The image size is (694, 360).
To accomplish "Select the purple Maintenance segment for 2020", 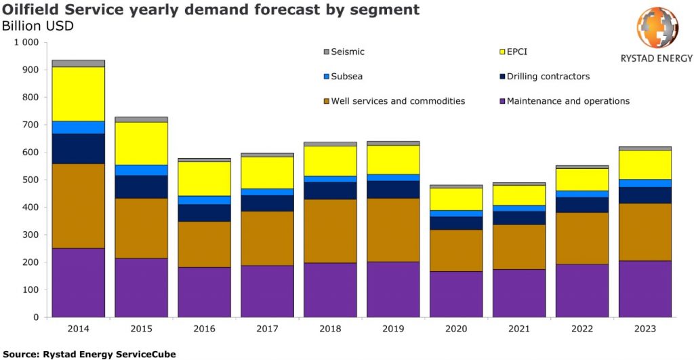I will [x=456, y=294].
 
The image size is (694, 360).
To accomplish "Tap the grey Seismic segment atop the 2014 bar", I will [x=78, y=63].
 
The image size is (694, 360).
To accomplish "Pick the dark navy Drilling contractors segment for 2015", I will [x=141, y=186].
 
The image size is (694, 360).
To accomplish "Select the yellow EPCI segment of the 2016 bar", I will [x=204, y=179].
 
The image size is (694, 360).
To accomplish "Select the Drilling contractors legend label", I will [x=548, y=77].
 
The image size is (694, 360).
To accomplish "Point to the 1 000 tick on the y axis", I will [x=26, y=42].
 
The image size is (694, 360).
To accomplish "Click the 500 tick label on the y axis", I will [x=30, y=180].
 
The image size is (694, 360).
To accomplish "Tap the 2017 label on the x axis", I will [x=267, y=329].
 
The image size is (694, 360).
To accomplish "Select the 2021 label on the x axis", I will [x=518, y=329].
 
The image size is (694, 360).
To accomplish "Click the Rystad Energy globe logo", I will [x=657, y=27].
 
